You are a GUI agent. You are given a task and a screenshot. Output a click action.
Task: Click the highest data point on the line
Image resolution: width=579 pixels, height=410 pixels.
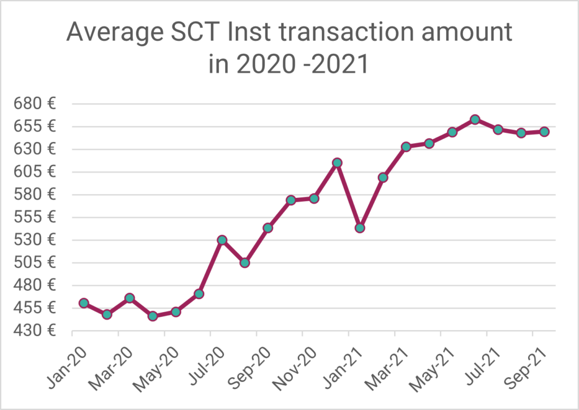tap(475, 119)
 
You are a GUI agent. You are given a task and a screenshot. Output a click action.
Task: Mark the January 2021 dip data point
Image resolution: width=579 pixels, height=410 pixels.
tap(360, 228)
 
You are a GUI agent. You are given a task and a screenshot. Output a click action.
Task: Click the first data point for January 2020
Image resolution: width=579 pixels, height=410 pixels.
tap(84, 303)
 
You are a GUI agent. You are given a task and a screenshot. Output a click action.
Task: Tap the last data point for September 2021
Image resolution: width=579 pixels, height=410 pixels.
tap(544, 131)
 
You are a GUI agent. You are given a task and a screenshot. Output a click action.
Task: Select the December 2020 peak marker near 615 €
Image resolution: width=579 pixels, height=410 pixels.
tap(337, 163)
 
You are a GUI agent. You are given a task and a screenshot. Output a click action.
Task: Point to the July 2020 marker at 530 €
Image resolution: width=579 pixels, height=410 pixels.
tap(222, 240)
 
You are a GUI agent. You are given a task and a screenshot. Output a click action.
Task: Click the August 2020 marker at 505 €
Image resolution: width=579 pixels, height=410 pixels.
tap(245, 262)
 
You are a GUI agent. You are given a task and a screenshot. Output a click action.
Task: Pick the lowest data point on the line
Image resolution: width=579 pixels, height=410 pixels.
tap(153, 316)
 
